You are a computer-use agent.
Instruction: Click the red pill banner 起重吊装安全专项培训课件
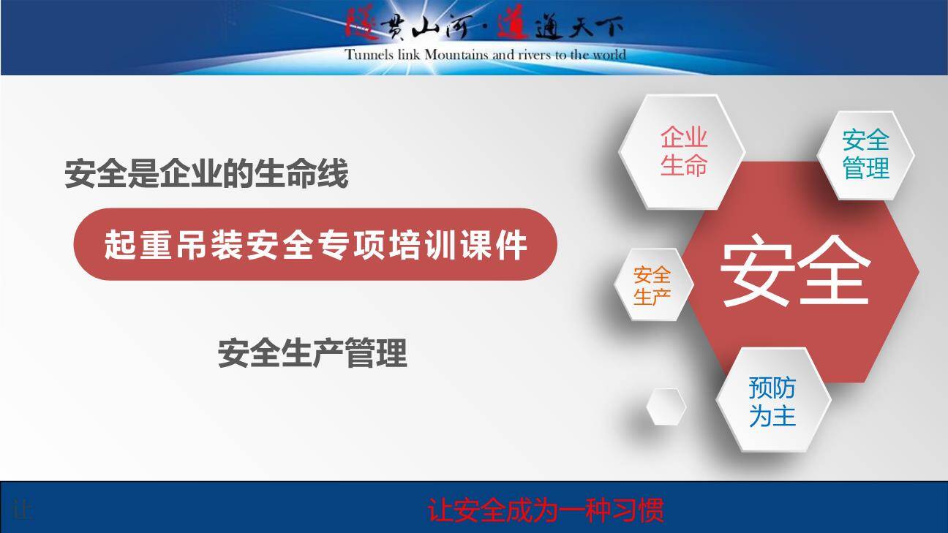pos(315,244)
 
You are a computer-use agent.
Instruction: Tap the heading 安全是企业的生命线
pos(206,173)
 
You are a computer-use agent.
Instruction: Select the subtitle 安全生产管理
pos(312,353)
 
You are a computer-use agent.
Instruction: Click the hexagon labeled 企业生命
pos(682,151)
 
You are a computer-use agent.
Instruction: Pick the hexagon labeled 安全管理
pos(865,155)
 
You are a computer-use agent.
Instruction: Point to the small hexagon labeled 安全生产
pos(653,284)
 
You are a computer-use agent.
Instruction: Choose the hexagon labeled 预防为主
pos(773,400)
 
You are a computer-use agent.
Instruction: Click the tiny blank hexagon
pos(666,407)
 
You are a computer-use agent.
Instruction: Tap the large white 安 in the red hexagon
pos(758,271)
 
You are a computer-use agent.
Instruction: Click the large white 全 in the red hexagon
pos(834,271)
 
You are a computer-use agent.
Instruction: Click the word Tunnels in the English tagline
pos(369,55)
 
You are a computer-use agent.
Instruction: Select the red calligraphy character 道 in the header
pos(513,25)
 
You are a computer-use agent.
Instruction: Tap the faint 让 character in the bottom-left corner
pos(23,510)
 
